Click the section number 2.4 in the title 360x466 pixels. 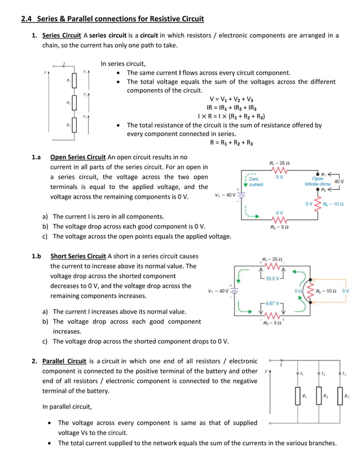coord(27,19)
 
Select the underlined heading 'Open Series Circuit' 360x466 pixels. coord(78,157)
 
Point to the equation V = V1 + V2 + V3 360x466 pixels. coord(231,99)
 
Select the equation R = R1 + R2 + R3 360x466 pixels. coord(231,143)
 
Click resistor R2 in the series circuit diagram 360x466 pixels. coord(74,103)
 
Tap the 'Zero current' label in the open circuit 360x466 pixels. coord(256,181)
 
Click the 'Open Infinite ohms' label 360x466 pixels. coord(317,181)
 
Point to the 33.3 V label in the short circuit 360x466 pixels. coord(273,278)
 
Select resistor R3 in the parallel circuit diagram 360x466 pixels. coord(340,397)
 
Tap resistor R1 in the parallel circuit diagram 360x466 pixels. coord(297,397)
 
